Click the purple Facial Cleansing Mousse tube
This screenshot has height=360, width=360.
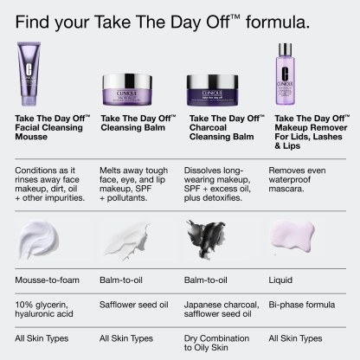pos(29,74)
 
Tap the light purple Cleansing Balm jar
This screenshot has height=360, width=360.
pos(127,90)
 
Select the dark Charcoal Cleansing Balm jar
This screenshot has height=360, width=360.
pos(212,90)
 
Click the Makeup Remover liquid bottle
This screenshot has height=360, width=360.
pos(285,74)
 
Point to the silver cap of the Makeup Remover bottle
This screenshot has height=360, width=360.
pos(285,49)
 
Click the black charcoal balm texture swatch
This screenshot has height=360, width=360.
pos(206,239)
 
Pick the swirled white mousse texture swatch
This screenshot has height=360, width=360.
pos(38,239)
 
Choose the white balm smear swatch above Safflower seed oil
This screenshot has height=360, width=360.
pos(128,241)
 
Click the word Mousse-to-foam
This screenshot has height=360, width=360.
pos(47,280)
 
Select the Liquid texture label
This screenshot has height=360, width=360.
pos(280,280)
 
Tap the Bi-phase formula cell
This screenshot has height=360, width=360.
pos(302,305)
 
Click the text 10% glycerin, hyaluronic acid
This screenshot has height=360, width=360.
pos(44,309)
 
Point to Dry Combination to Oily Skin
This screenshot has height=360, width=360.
pos(216,343)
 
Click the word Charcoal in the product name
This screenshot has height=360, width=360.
pos(208,127)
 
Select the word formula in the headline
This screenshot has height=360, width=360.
pos(278,22)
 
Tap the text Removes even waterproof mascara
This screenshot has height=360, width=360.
pos(297,179)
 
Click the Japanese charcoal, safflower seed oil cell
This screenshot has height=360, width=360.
pos(222,309)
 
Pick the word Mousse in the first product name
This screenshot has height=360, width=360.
pos(31,137)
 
